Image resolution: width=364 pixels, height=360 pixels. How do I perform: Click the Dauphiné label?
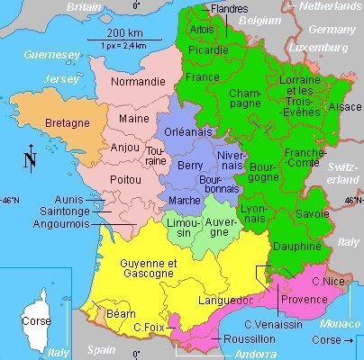tap(296, 244)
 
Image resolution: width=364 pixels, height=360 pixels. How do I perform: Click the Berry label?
tap(190, 166)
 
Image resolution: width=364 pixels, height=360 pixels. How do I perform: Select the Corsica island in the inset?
tap(37, 313)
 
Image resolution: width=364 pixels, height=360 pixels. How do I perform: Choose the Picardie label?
tap(209, 49)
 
